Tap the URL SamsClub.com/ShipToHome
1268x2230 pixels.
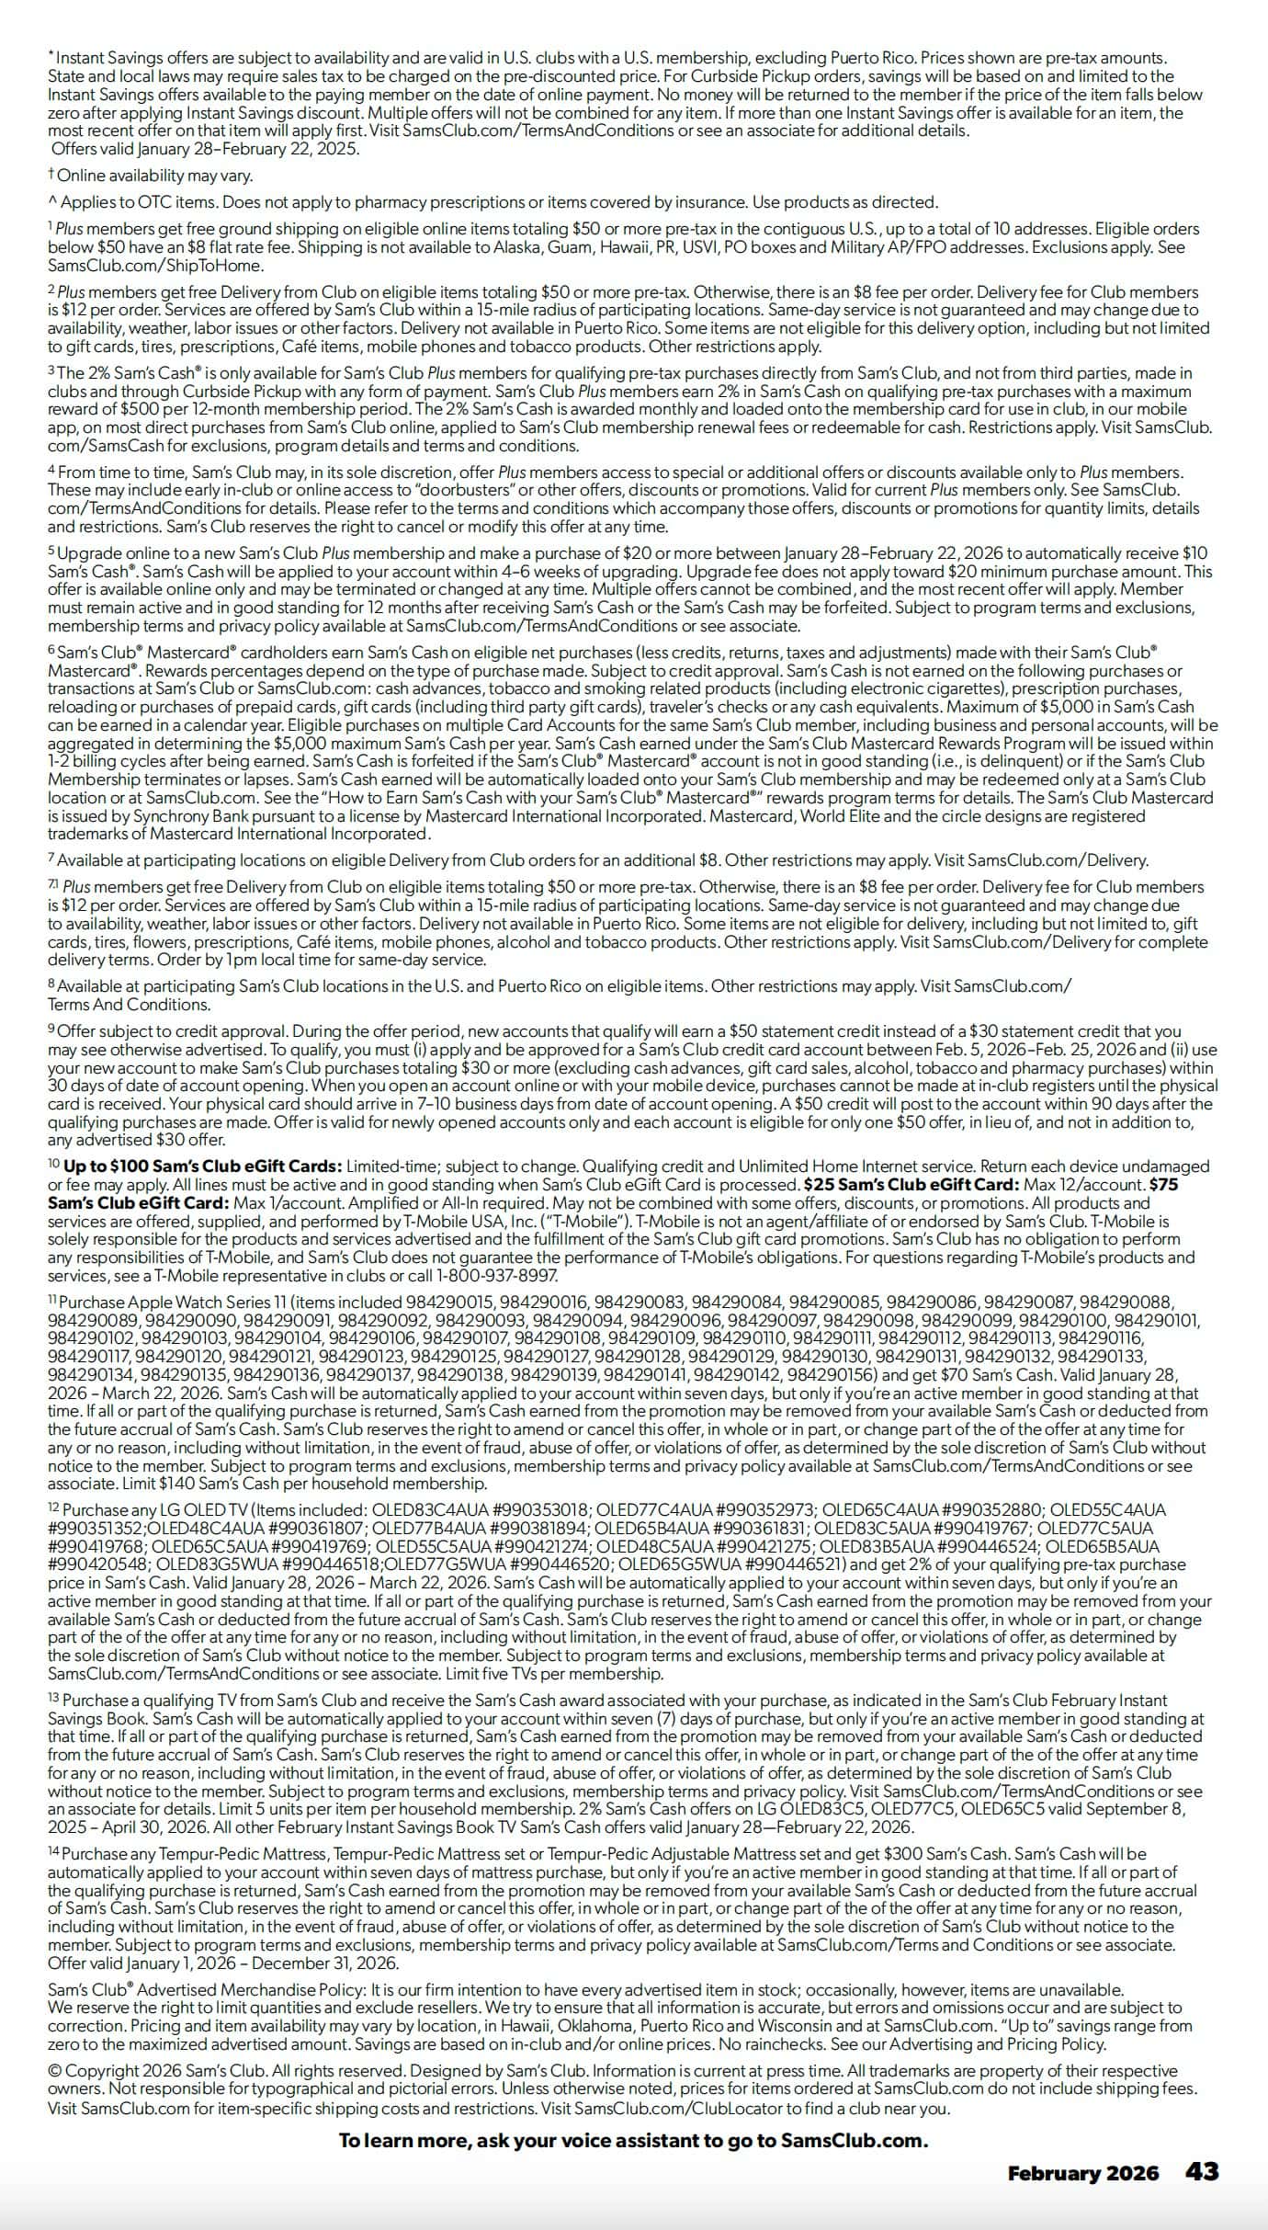pos(156,266)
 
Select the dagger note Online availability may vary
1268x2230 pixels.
pos(154,176)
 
